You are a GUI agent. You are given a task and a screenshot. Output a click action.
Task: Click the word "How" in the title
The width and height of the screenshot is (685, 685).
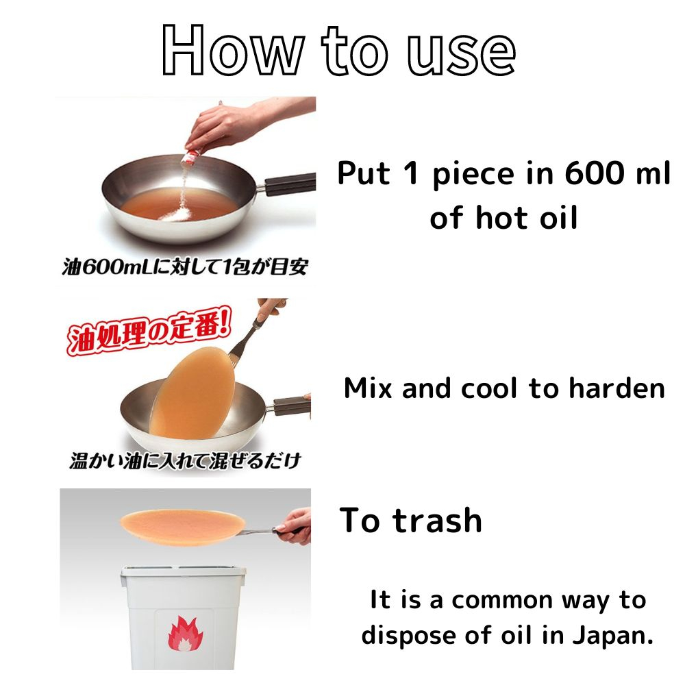coord(233,51)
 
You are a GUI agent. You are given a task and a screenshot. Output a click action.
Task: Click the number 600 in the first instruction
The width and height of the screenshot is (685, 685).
coord(595,173)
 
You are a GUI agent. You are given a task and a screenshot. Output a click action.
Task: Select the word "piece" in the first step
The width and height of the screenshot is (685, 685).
coord(473,175)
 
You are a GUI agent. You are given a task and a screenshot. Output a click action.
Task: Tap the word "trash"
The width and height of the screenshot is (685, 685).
coord(437,521)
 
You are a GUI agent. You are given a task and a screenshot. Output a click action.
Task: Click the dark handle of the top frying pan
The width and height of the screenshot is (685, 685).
coord(289,184)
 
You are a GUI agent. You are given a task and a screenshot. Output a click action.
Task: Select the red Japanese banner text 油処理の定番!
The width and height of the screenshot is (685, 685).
coord(149,331)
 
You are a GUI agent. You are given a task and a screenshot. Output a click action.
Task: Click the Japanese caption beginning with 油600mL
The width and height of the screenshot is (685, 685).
coord(185,266)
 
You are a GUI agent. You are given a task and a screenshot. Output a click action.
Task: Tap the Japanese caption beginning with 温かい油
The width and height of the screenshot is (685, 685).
coord(185,460)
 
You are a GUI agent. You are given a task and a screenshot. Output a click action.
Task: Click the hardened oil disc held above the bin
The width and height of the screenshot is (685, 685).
coord(183,527)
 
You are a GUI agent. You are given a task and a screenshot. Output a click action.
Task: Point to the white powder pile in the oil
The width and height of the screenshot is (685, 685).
coord(176,214)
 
